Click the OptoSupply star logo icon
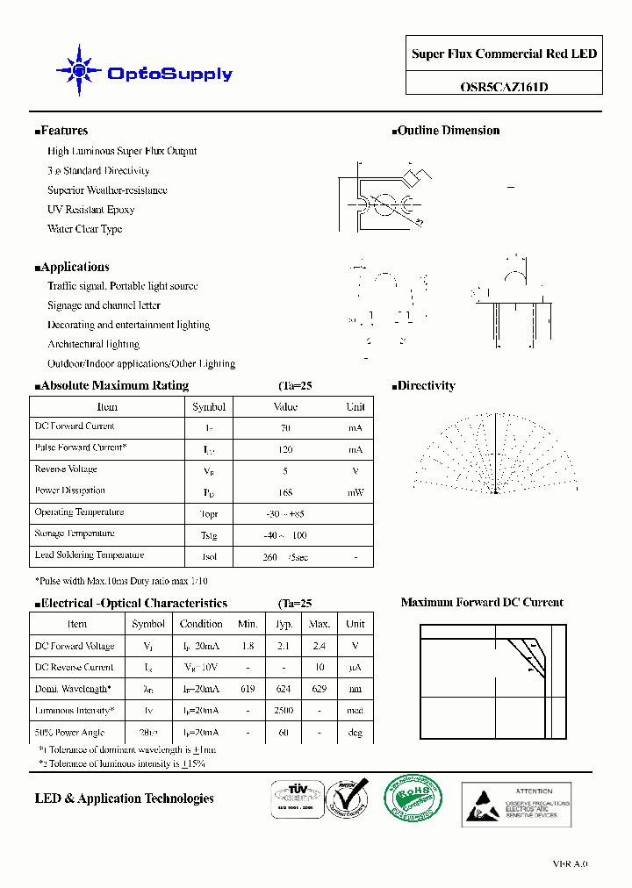[x=78, y=70]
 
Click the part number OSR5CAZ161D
[x=504, y=87]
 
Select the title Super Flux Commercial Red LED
[x=504, y=54]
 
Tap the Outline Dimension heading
[x=448, y=131]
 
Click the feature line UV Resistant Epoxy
[x=90, y=210]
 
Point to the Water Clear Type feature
[x=84, y=229]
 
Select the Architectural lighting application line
[x=93, y=344]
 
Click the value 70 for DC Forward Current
[x=285, y=428]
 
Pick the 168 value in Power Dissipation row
[x=285, y=492]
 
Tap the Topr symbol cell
[x=209, y=514]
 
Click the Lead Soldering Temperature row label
[x=89, y=555]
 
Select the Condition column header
[x=201, y=624]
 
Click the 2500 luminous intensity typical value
[x=284, y=711]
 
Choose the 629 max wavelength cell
[x=320, y=690]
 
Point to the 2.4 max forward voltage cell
[x=320, y=646]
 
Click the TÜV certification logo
[x=294, y=801]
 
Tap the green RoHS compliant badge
[x=413, y=799]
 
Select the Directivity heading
[x=426, y=386]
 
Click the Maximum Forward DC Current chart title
[x=482, y=603]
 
